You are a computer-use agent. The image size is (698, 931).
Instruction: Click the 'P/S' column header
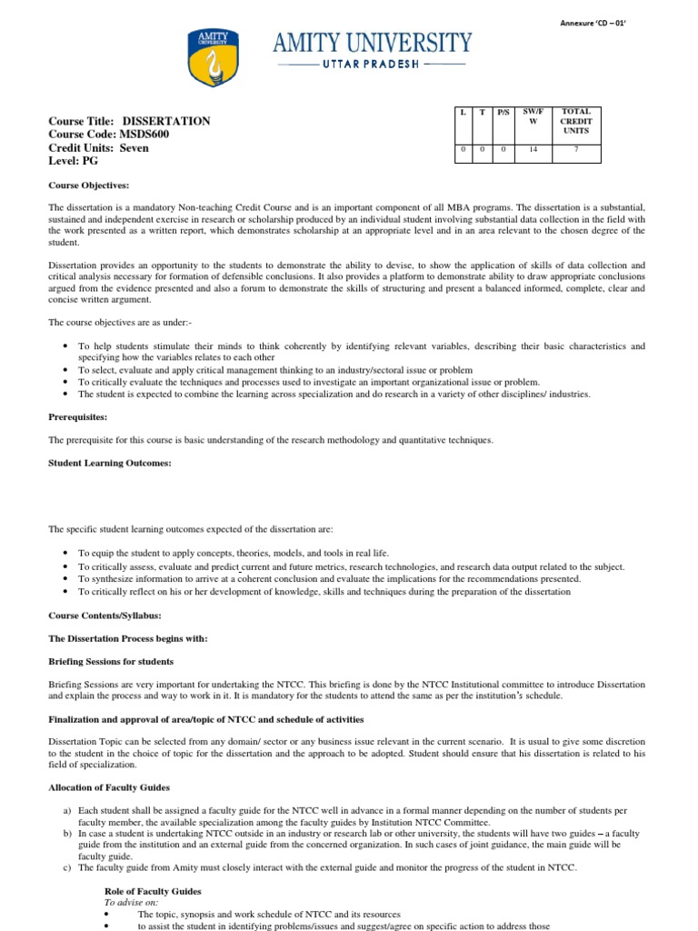(x=503, y=112)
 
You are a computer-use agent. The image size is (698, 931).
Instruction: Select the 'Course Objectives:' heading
(x=88, y=185)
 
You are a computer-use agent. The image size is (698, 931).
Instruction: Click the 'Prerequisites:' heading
(x=77, y=417)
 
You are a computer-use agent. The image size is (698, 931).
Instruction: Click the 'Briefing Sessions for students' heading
(x=110, y=661)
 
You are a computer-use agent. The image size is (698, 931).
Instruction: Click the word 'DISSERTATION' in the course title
(x=166, y=121)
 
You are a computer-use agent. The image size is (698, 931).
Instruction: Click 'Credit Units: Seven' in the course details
(x=98, y=148)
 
